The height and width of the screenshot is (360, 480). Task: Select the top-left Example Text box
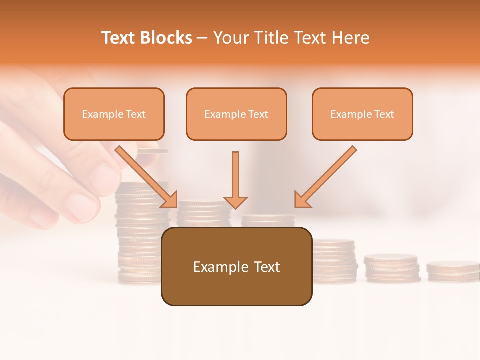[114, 114]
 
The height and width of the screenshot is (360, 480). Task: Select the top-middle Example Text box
[236, 114]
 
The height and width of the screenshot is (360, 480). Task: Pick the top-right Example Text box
[362, 114]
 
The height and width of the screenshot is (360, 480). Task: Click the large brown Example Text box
[236, 266]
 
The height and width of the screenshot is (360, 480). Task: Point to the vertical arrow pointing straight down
[235, 180]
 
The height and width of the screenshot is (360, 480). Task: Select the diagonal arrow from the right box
[326, 176]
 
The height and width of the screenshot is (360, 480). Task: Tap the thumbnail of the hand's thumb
[82, 205]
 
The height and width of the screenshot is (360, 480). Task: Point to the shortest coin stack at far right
[452, 270]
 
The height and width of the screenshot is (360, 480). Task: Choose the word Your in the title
[230, 38]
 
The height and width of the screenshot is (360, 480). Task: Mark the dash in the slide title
[202, 38]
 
